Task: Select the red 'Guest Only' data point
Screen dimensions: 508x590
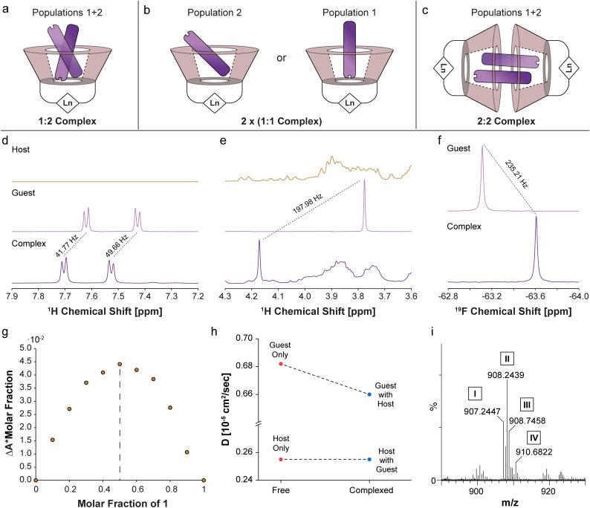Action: tap(280, 364)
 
